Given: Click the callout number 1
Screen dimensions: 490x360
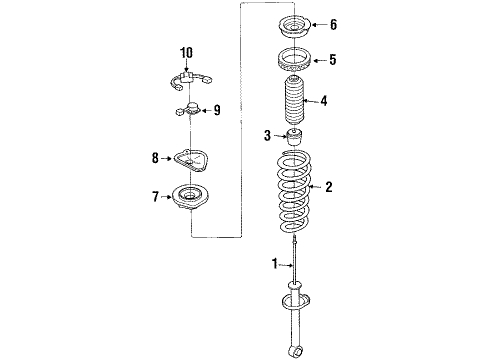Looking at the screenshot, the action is pos(275,263).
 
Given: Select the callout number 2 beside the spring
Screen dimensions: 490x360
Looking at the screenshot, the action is pos(329,187).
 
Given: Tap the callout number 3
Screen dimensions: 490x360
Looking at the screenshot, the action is pos(267,136).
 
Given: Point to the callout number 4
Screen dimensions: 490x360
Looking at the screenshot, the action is pos(324,101).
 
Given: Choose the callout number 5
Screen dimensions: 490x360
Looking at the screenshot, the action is pos(333,60).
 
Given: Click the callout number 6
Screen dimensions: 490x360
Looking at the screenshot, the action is pos(333,24).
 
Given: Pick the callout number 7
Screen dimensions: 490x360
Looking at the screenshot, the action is pos(155,197).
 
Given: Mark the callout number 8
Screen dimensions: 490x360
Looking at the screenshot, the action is pos(155,158).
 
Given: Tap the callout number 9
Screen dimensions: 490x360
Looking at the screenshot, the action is pos(217,110).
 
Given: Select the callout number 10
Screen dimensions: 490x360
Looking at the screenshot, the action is pos(186,53).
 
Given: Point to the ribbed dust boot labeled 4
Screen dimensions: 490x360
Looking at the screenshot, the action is pos(293,101).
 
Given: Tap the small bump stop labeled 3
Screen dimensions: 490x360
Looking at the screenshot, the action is pos(294,136).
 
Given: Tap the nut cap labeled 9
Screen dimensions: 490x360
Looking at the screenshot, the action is pos(189,109).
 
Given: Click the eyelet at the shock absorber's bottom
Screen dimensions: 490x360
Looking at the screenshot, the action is pos(295,351).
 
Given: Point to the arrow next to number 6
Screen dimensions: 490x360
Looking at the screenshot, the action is pos(319,24).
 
